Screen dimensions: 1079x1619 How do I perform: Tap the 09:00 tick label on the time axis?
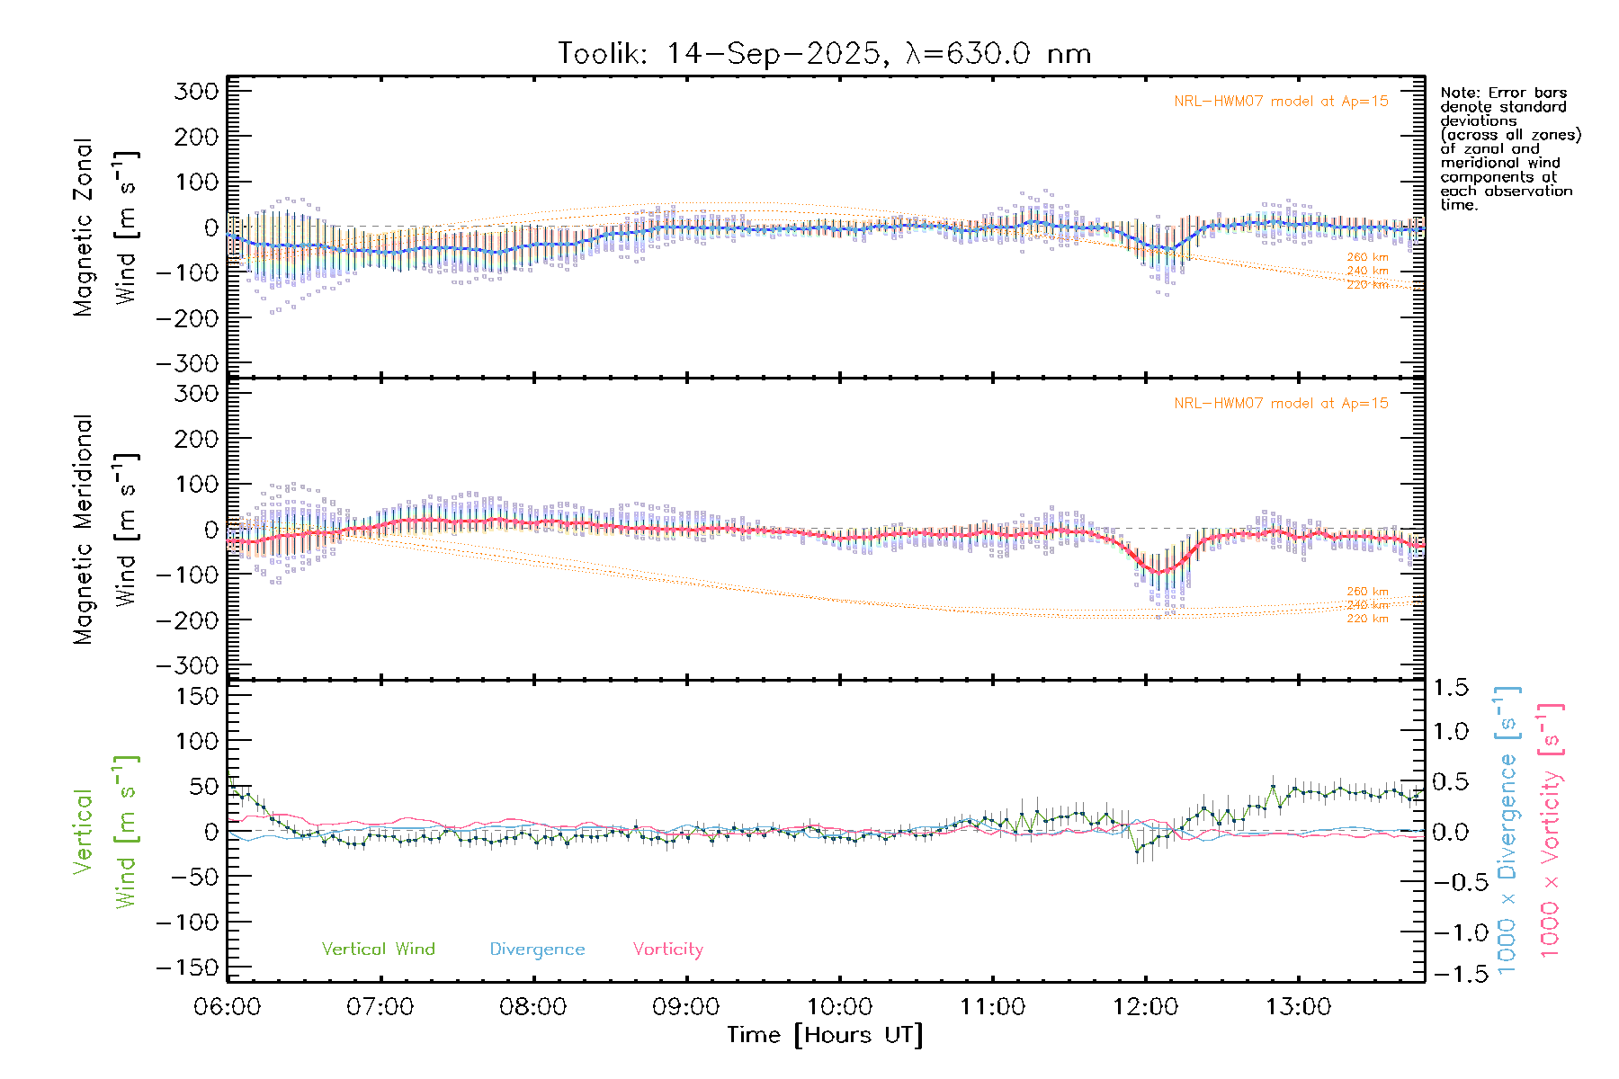686,1007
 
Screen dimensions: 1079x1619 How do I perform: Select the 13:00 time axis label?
1298,1007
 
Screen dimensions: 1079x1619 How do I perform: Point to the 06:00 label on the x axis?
228,1007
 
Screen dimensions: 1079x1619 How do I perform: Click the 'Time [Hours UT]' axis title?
825,1036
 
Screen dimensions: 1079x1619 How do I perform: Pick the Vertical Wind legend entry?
378,950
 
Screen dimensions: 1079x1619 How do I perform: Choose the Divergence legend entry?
537,950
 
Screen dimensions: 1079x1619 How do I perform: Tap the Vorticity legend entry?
667,950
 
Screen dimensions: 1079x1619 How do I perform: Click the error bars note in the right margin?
1509,148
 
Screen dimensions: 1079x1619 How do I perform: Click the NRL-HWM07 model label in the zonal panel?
1281,102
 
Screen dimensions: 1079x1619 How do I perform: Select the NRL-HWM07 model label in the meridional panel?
1281,404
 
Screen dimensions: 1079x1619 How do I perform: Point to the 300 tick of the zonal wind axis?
197,91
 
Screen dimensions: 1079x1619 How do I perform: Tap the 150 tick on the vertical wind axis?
197,696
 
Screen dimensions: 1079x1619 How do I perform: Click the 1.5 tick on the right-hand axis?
1451,688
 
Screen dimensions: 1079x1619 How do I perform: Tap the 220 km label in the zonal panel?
1367,285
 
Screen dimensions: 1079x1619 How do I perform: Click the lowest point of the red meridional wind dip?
1160,572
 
